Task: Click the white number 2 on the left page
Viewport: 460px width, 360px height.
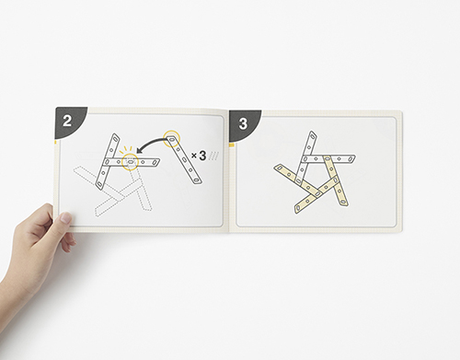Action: tap(67, 121)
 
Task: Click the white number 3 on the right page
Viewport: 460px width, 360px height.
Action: tap(243, 123)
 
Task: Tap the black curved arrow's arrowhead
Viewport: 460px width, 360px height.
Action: tap(140, 150)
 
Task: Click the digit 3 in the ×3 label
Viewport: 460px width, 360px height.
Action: tap(202, 156)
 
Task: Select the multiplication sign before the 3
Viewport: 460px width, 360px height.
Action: tap(194, 156)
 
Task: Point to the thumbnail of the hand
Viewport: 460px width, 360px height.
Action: tap(65, 218)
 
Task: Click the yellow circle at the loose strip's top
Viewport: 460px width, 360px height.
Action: tap(171, 138)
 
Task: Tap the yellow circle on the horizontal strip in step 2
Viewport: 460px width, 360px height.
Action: tap(131, 161)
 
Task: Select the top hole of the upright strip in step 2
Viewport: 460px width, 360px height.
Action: tap(115, 138)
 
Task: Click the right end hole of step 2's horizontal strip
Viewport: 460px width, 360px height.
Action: tap(156, 162)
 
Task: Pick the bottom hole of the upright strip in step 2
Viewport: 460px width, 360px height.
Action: tap(100, 184)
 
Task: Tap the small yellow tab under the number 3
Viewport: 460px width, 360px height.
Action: tap(232, 145)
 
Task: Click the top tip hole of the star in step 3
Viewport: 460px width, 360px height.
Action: tap(313, 135)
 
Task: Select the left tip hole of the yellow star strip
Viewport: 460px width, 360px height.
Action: tap(279, 168)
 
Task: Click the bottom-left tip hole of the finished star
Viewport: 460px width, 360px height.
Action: tap(297, 209)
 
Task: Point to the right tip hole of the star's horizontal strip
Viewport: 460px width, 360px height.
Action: tap(351, 158)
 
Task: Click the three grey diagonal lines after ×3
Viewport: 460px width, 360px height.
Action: tap(213, 156)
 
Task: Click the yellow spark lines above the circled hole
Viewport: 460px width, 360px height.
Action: tap(125, 149)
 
